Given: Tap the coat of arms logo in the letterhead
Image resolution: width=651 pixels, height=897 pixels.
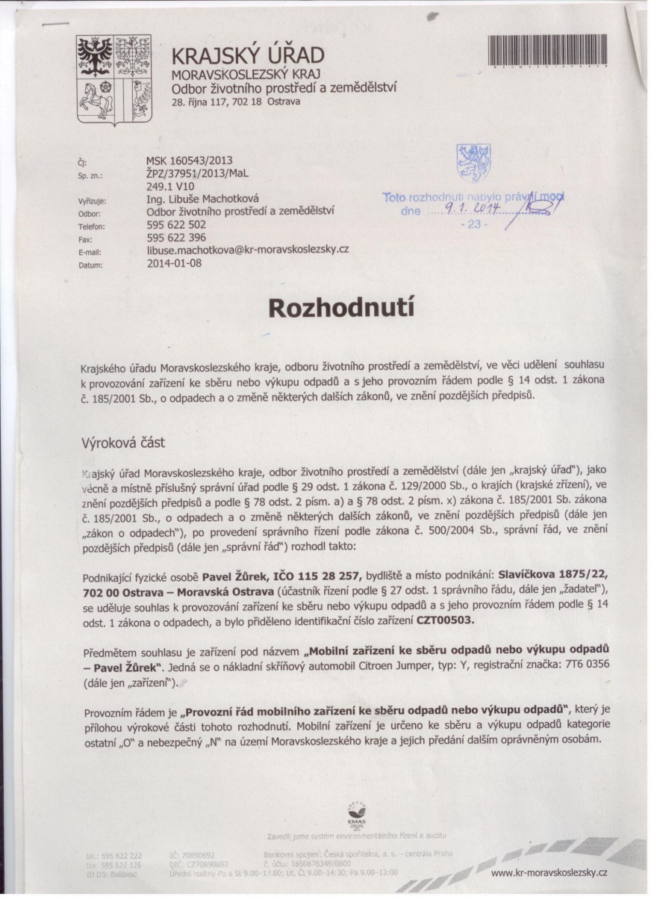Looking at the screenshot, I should click(113, 81).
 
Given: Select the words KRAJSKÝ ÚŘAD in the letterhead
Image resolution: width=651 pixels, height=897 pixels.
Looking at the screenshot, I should click(249, 55).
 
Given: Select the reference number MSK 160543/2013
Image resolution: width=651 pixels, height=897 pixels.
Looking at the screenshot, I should click(190, 159).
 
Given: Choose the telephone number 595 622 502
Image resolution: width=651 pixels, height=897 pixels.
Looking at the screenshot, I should click(176, 225).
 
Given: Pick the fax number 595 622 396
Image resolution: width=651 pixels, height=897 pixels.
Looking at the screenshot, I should click(176, 238).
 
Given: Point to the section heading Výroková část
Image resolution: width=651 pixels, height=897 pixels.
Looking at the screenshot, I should click(123, 443).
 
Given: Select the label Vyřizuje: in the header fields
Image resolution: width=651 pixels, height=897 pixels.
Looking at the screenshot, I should click(90, 202).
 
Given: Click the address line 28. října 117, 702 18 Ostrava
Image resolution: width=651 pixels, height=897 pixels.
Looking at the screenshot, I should click(236, 101).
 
